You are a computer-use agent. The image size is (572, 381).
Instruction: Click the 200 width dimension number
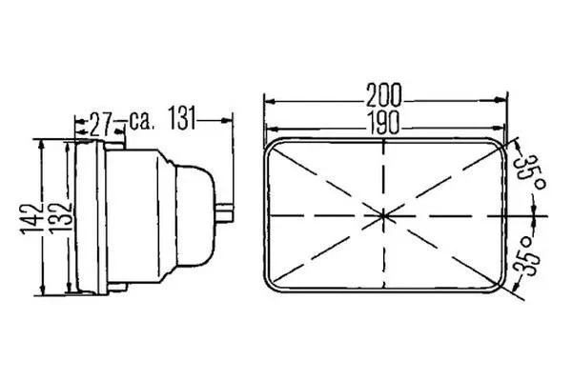[x=383, y=95]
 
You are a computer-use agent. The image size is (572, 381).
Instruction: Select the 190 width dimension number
[x=383, y=123]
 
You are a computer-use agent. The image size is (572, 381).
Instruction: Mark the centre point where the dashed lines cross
[x=384, y=216]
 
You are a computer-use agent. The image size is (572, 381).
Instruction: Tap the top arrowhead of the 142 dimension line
[x=42, y=143]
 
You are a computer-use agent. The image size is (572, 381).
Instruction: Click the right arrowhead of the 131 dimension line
[x=230, y=120]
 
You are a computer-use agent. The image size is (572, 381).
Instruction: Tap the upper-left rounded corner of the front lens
[x=276, y=146]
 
